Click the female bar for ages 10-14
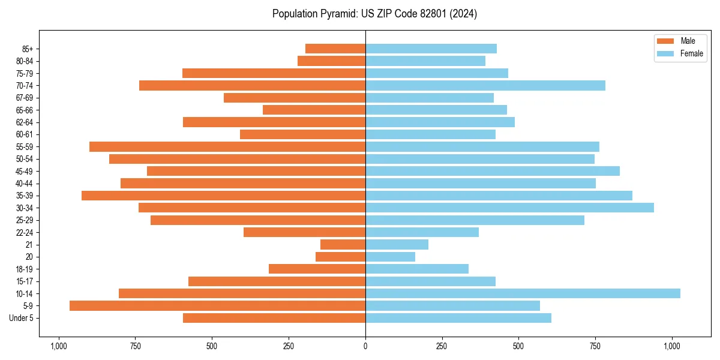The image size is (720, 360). coord(522,293)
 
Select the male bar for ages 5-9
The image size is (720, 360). coord(217,305)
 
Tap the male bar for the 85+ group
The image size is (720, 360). coord(335,49)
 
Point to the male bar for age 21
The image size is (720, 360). coord(343,244)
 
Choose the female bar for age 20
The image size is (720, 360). coord(390,257)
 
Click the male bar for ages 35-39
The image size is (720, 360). coord(223,196)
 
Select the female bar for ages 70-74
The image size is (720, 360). coord(485,85)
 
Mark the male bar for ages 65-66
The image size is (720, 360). coord(314,110)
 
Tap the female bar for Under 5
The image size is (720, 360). coord(458,318)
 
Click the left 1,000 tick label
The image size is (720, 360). coord(59,346)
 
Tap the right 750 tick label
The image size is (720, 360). coord(595,346)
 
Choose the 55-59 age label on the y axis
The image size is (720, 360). coord(25,147)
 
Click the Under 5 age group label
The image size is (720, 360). coord(22,318)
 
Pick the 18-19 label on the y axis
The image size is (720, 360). coord(25,269)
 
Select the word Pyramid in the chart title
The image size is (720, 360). coord(336,14)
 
